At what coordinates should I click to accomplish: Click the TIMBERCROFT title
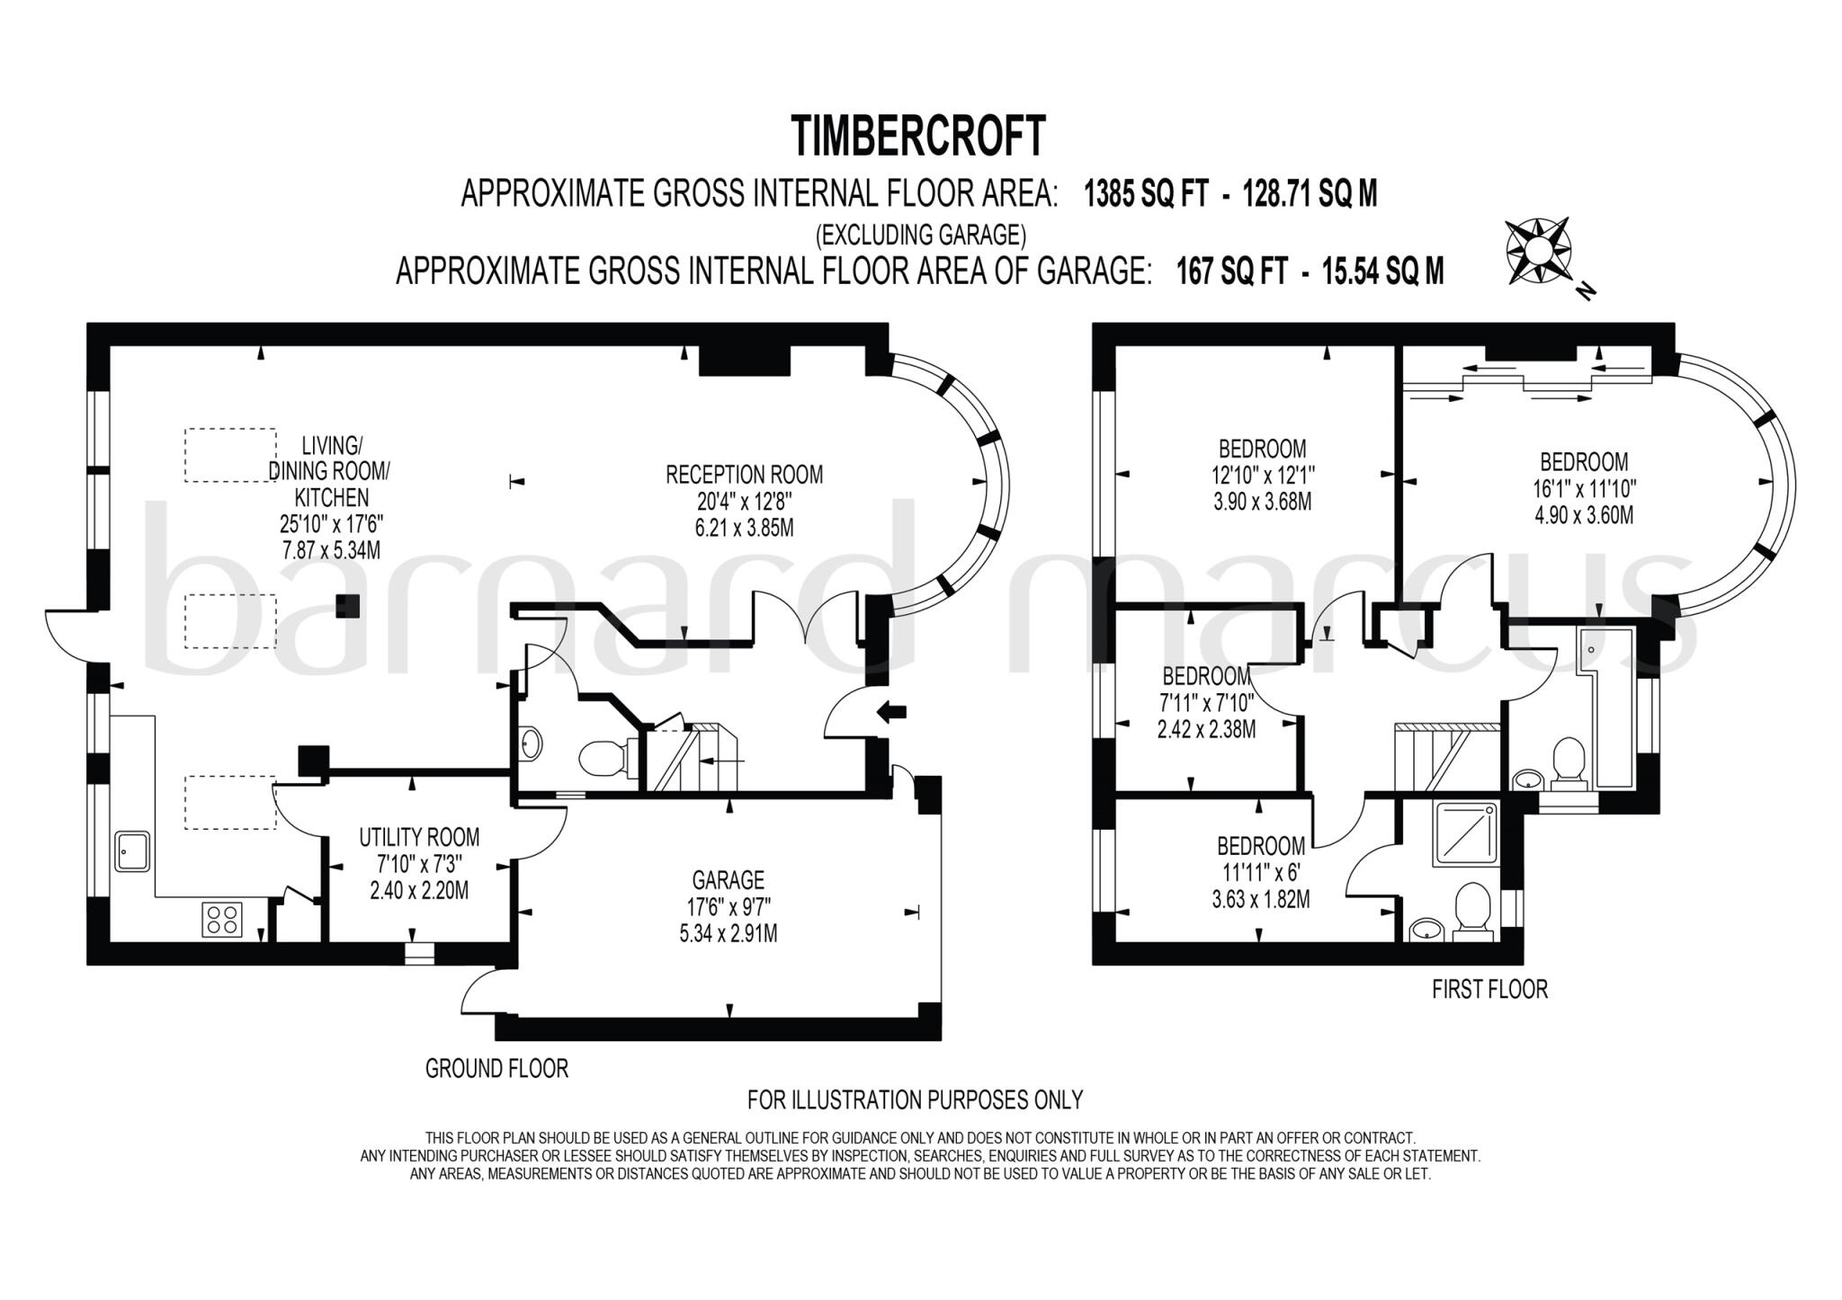click(x=918, y=137)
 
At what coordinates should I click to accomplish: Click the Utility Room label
click(x=419, y=837)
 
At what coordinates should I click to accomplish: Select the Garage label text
click(x=728, y=879)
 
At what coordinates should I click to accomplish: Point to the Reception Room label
click(x=744, y=474)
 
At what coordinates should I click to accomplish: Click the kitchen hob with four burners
click(x=223, y=919)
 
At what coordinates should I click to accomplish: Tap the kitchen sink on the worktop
click(x=132, y=851)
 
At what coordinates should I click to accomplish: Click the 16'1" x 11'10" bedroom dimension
click(x=1584, y=489)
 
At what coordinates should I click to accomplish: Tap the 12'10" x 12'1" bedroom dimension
click(x=1262, y=475)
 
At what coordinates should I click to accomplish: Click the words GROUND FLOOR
click(x=496, y=1069)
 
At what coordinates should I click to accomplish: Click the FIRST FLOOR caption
click(x=1489, y=990)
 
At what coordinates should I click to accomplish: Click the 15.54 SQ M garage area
click(x=1383, y=271)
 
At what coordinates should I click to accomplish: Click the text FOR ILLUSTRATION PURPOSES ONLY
click(x=915, y=1100)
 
